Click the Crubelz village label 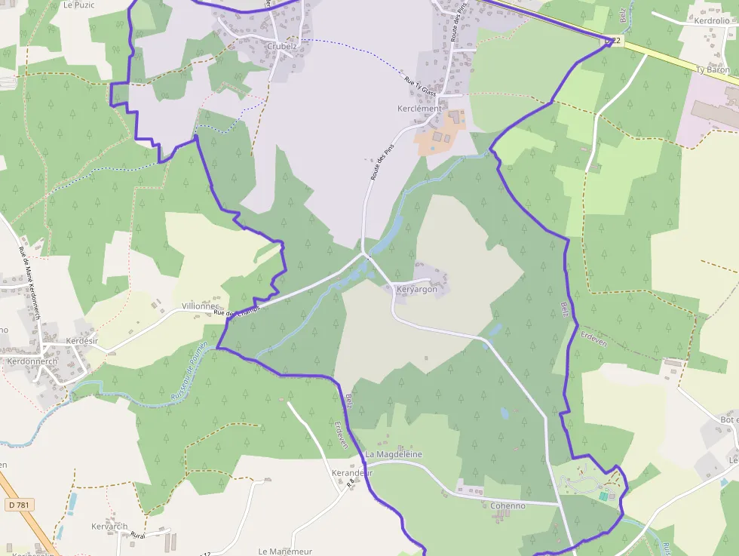[x=282, y=46]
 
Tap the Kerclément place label [x=419, y=109]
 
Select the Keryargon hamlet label [x=416, y=289]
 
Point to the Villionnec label [x=200, y=306]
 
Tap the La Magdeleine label [x=394, y=455]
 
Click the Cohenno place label [x=507, y=505]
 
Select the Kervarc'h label [x=109, y=526]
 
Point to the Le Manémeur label [x=284, y=551]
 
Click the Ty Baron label [x=713, y=70]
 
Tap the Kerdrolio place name [x=712, y=20]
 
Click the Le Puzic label [x=78, y=5]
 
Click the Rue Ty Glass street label [x=420, y=87]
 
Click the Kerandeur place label [x=352, y=473]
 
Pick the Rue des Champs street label [x=237, y=310]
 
